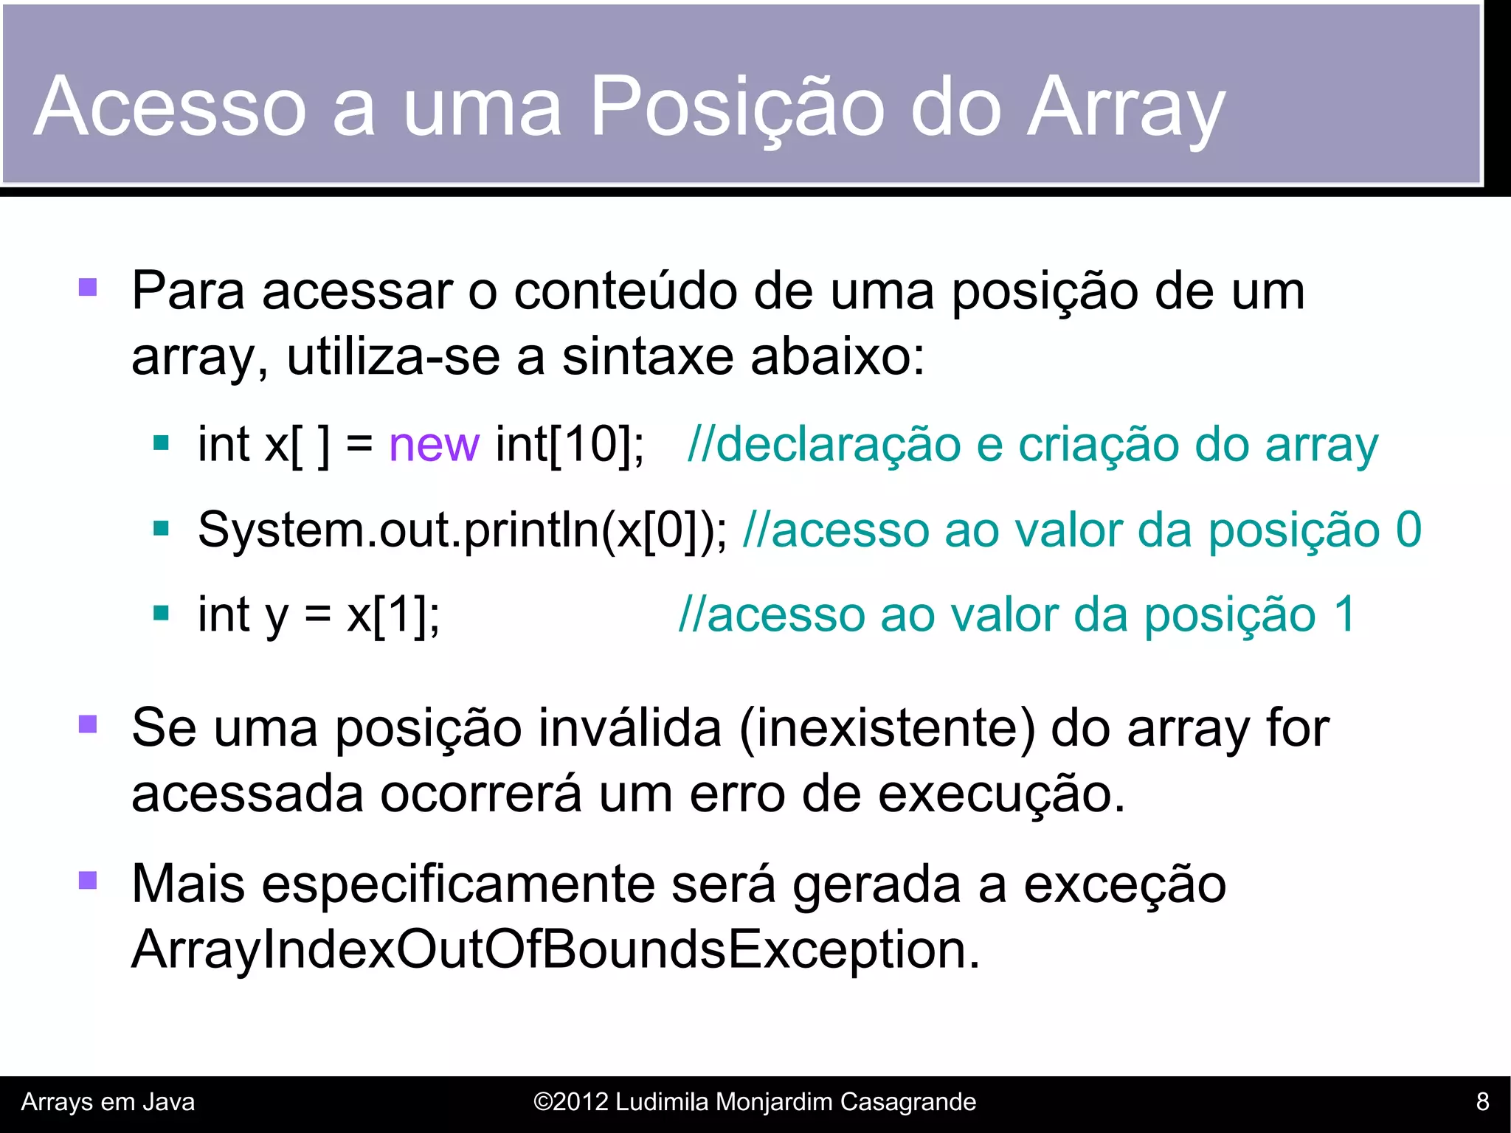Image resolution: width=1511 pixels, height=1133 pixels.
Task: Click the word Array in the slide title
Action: pos(1126,108)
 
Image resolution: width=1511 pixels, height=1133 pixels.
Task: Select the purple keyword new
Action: pos(434,445)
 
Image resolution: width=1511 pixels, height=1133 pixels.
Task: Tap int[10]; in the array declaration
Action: pos(570,445)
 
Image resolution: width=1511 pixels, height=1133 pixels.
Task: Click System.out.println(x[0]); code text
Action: pos(462,530)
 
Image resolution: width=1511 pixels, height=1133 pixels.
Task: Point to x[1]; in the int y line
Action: pos(393,614)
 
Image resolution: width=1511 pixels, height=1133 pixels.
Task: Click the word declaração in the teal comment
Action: pos(837,445)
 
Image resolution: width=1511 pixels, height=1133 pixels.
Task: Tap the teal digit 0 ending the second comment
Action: pos(1408,530)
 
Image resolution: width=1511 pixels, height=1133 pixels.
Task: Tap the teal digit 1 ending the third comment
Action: pos(1344,614)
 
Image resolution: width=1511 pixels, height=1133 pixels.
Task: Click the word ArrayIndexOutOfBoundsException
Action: pos(555,950)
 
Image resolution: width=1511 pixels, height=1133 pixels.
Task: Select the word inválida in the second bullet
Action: pos(629,729)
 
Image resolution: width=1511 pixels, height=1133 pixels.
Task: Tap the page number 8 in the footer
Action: pos(1482,1102)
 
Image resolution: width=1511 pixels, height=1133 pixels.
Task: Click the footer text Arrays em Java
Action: pos(108,1102)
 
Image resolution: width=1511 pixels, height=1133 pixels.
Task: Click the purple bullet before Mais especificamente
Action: pos(88,881)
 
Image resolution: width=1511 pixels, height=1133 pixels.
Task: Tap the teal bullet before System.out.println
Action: pos(161,529)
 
